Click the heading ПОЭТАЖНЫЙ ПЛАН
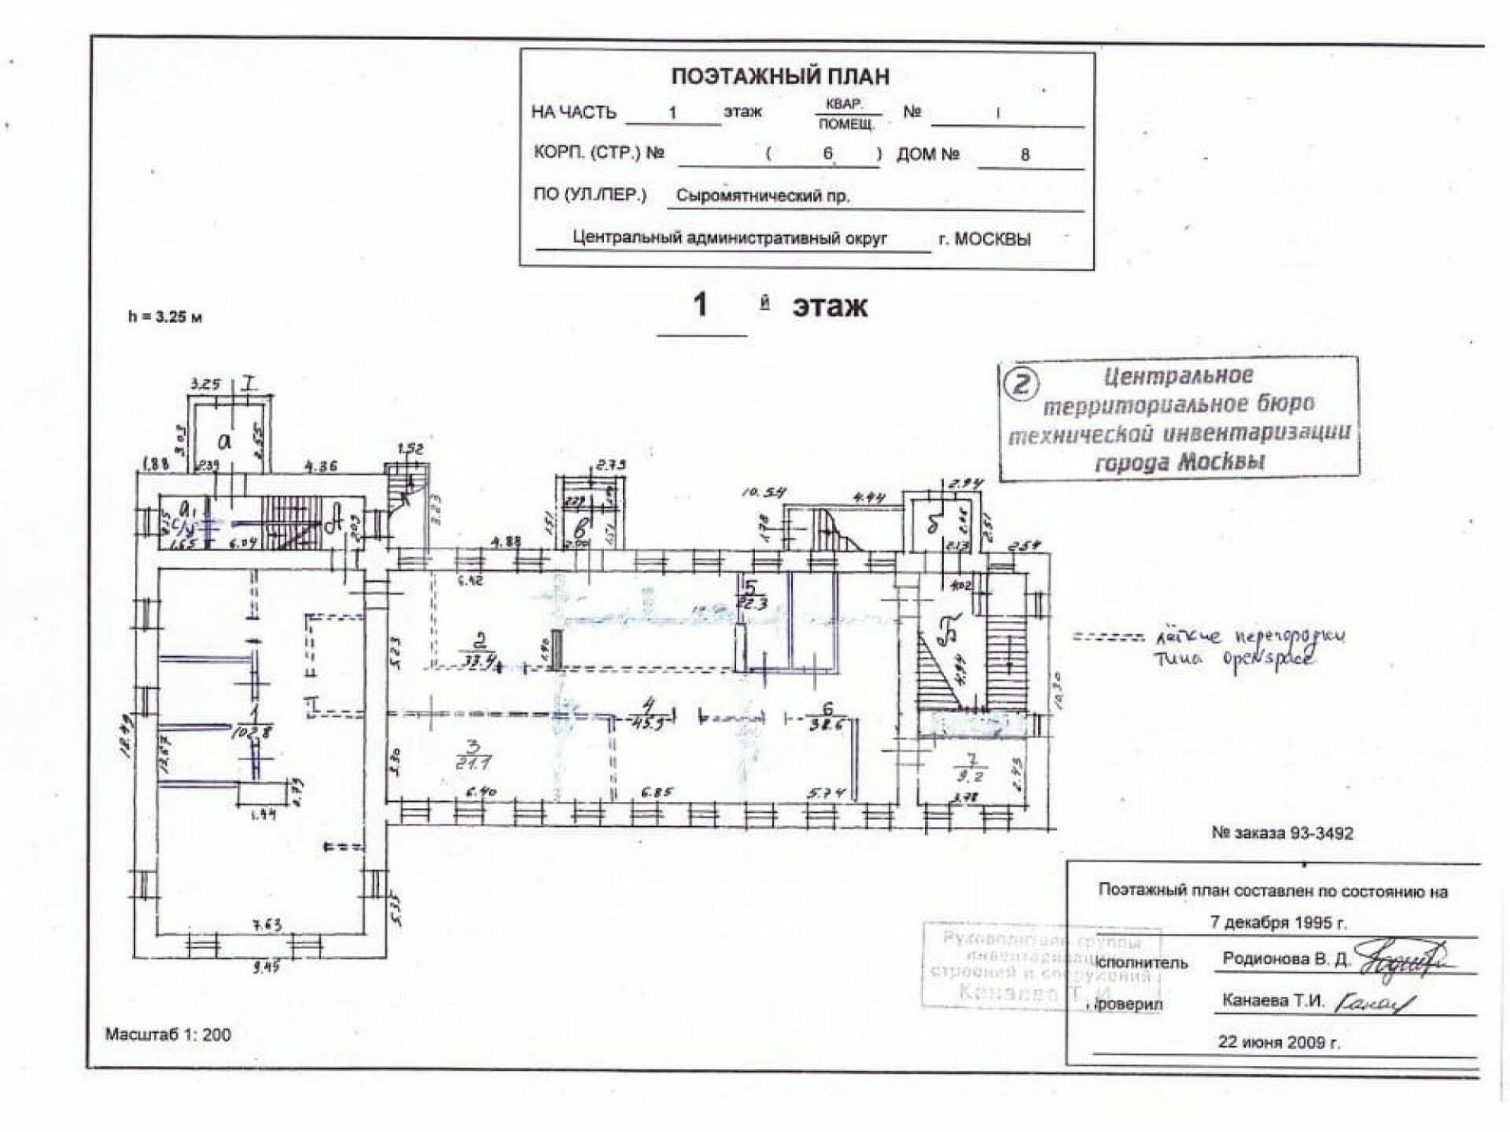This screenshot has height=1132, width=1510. tap(780, 76)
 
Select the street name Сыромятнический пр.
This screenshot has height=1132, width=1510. tap(763, 197)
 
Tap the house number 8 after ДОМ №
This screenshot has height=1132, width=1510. tap(1025, 155)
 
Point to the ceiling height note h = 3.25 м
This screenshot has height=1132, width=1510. tap(165, 318)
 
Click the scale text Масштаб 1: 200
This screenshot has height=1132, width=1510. tap(168, 1035)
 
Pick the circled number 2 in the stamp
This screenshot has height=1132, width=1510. tap(1022, 384)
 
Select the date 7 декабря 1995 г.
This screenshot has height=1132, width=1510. tap(1278, 923)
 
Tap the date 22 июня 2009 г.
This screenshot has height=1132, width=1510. tap(1279, 1042)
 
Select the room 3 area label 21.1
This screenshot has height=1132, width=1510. tap(473, 763)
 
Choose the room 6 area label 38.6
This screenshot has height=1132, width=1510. tap(827, 725)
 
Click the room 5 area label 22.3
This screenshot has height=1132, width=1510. tap(751, 605)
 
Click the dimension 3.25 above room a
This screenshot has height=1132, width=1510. tap(206, 385)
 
